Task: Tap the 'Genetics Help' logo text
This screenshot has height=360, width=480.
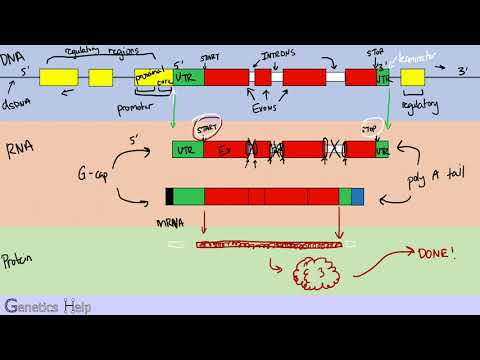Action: click(47, 306)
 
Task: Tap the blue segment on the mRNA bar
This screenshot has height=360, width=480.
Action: click(358, 197)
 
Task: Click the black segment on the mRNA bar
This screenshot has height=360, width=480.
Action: click(170, 197)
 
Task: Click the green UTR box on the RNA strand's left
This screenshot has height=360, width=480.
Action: click(187, 150)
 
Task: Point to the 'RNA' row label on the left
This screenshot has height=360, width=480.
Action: click(15, 151)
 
